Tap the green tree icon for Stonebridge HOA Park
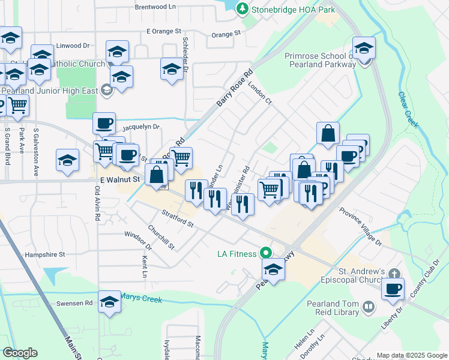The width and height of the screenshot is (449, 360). coord(242,8)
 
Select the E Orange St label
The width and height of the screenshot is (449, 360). coord(163,31)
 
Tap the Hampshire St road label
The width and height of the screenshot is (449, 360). coord(45,255)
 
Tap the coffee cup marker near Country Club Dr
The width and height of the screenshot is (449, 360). coord(393,289)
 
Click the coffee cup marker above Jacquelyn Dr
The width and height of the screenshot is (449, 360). coord(104,123)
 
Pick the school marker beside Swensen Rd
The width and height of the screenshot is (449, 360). coord(110,302)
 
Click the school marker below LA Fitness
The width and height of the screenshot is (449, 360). coord(273,269)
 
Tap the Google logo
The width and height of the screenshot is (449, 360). coord(20,353)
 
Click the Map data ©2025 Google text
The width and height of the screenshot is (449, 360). coord(411,355)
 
